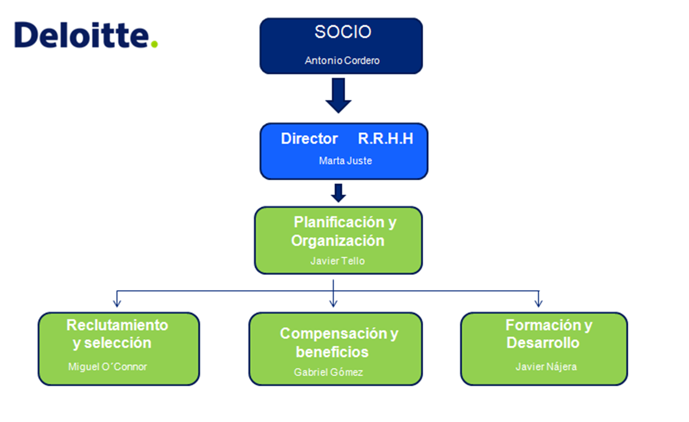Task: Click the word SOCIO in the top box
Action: pos(343,32)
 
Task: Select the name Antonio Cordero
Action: pos(342,61)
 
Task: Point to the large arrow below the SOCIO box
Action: pos(338,95)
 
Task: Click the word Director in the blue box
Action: pos(309,139)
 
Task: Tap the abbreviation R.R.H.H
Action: pos(385,139)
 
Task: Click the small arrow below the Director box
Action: pos(338,193)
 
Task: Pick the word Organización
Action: pos(338,241)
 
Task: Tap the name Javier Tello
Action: pos(338,261)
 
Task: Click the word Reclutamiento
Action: pos(117,325)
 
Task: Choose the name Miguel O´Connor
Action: pos(107,367)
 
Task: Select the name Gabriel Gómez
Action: pos(328,372)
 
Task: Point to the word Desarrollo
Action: pos(543,343)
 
